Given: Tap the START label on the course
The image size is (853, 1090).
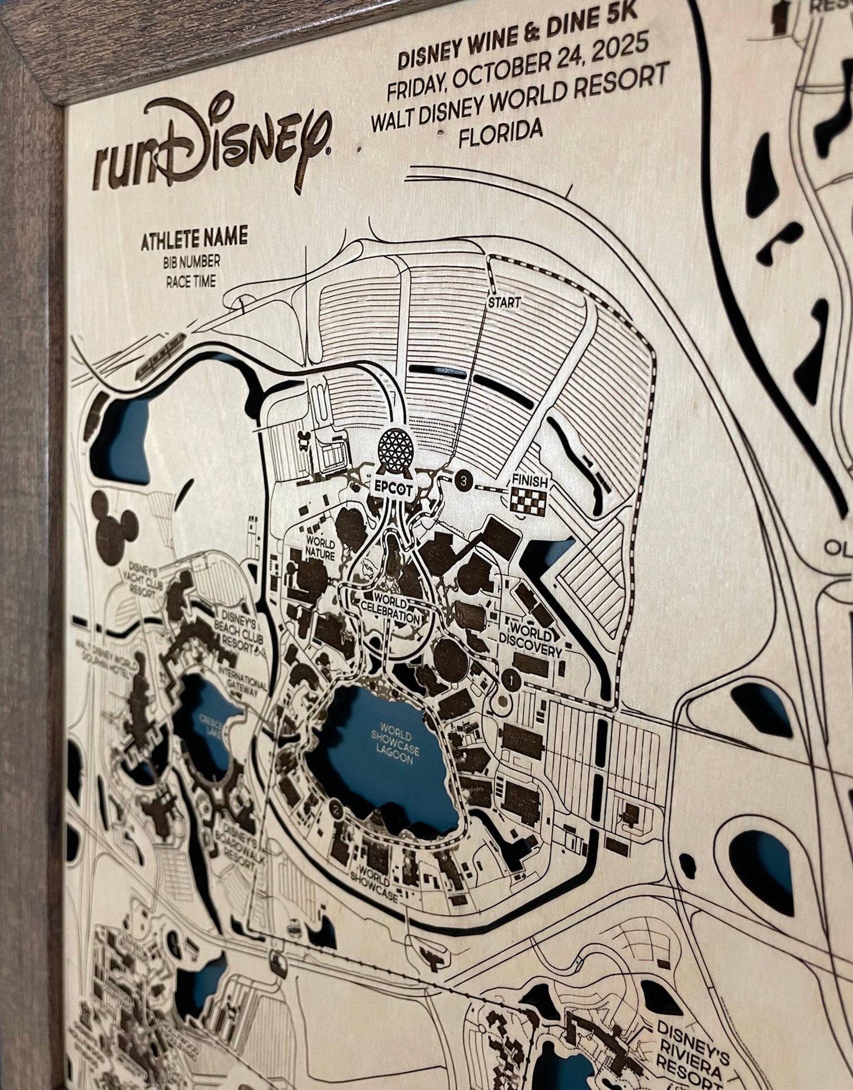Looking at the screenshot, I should pyautogui.click(x=504, y=302).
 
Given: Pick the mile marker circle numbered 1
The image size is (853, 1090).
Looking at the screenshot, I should pyautogui.click(x=511, y=678).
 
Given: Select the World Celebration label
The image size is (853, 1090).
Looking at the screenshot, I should pyautogui.click(x=396, y=609).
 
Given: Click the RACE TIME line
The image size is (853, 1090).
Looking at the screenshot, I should pyautogui.click(x=191, y=282).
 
